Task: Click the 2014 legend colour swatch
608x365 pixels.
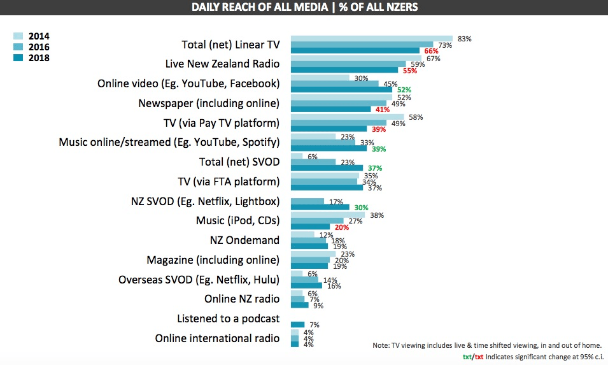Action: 18,36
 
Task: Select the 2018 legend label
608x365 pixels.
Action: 38,58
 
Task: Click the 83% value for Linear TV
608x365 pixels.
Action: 464,39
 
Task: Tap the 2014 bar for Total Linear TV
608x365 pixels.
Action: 372,38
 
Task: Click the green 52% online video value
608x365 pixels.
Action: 404,90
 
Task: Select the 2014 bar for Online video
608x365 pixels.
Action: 320,78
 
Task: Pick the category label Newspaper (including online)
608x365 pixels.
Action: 209,103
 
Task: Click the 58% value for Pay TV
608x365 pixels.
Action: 415,117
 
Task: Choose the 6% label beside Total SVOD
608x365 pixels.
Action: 312,156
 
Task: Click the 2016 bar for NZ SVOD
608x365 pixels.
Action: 308,201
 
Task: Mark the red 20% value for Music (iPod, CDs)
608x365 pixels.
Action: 341,227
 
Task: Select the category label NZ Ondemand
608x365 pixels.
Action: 244,241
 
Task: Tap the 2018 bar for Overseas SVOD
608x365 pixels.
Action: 306,286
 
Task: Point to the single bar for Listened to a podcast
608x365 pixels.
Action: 298,324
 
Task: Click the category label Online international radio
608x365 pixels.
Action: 217,338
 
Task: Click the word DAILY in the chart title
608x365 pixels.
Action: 211,7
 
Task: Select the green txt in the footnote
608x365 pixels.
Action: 467,357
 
